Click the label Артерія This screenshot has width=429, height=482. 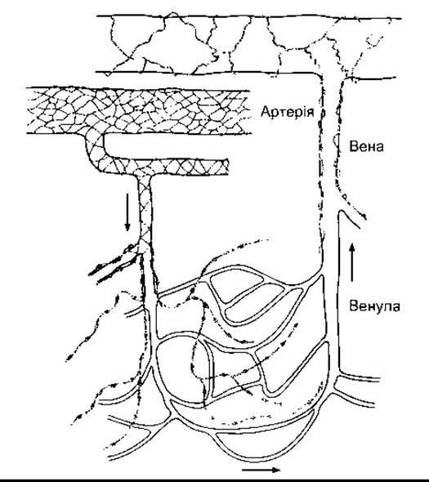(x=288, y=111)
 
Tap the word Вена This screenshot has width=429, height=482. (x=366, y=146)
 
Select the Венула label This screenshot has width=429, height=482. (x=374, y=306)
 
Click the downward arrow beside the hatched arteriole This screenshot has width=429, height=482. (x=127, y=212)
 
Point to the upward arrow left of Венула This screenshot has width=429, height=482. (x=352, y=262)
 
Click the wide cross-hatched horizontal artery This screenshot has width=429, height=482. (x=137, y=112)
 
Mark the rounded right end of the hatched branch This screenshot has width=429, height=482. (x=227, y=167)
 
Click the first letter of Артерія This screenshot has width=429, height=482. (x=266, y=111)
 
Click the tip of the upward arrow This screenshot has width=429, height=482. (x=352, y=243)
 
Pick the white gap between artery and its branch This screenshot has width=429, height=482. (x=166, y=146)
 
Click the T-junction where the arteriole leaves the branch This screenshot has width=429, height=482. (x=145, y=175)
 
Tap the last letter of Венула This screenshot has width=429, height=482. (x=395, y=307)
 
